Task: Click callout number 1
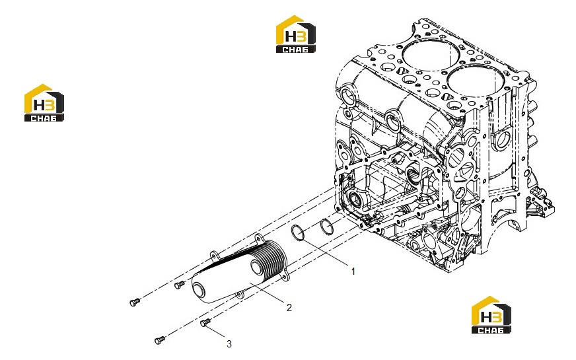pos(353,271)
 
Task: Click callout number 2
pos(289,307)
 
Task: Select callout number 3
pos(229,344)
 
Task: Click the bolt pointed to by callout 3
pos(205,322)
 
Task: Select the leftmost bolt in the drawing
pos(135,302)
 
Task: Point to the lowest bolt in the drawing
pos(160,340)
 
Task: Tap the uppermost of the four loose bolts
pos(179,284)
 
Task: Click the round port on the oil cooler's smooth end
pos(201,288)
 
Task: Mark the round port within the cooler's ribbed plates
pos(256,266)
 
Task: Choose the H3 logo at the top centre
pos(296,34)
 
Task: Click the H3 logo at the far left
pos(44,103)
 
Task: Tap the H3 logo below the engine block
pos(491,315)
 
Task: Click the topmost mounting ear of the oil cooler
pos(259,238)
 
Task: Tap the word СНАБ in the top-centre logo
pos(295,50)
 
